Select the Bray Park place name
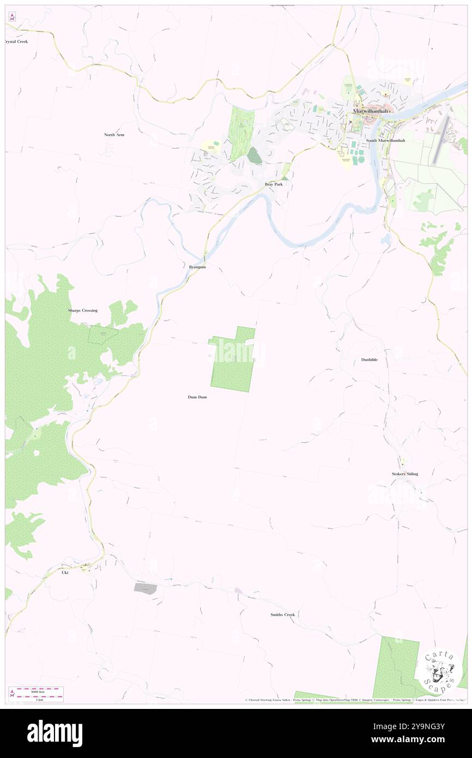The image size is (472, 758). [274, 184]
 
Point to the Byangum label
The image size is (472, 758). [197, 267]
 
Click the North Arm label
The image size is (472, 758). [114, 134]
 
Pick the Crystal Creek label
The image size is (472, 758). [16, 41]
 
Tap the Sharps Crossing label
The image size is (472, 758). [83, 310]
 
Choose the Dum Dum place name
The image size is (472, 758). [197, 397]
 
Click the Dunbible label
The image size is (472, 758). [369, 360]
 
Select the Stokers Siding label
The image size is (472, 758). [404, 474]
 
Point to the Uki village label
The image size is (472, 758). [64, 572]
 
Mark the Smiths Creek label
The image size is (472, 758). [282, 615]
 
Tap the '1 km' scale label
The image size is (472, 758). [39, 700]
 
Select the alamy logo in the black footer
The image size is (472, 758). [55, 733]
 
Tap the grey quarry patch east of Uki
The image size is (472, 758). [146, 588]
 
